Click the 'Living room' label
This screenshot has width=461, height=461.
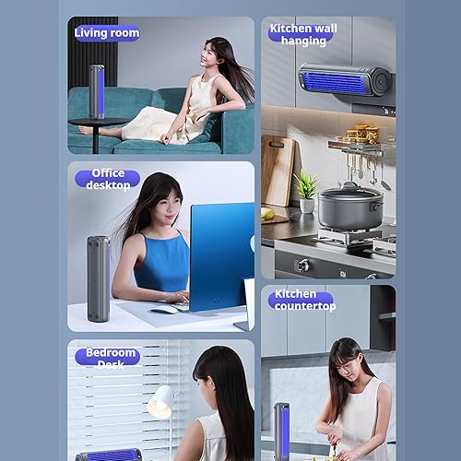(x=107, y=33)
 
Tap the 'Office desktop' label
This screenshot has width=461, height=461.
(x=108, y=179)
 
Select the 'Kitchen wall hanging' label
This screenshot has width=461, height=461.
(x=303, y=34)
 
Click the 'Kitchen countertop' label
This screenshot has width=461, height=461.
(x=302, y=300)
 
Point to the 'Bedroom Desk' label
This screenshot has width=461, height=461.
(x=108, y=358)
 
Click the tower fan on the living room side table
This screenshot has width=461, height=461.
(x=97, y=91)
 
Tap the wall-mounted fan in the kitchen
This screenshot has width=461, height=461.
(x=345, y=80)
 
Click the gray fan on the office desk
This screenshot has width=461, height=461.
(x=99, y=278)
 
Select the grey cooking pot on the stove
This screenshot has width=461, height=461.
(x=350, y=206)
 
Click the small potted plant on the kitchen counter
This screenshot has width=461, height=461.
(x=306, y=192)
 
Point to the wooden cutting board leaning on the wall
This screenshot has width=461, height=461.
(x=278, y=171)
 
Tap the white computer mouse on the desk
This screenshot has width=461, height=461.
(x=164, y=310)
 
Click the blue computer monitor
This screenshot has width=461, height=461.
(x=222, y=256)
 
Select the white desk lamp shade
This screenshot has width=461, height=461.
(x=160, y=401)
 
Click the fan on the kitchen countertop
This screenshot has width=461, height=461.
(x=281, y=431)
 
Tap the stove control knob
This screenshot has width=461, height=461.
(x=301, y=265)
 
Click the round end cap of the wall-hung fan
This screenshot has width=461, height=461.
(x=382, y=82)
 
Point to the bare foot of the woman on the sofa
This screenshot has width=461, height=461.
(x=86, y=130)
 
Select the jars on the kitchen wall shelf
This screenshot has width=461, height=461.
(x=362, y=134)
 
